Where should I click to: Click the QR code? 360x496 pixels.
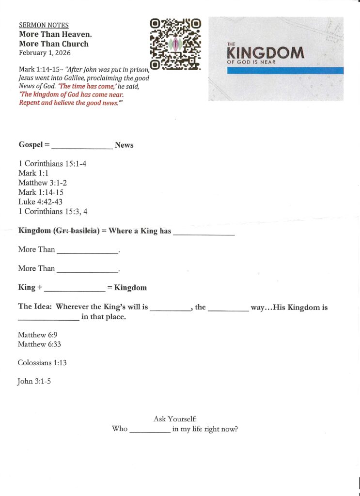click(x=175, y=44)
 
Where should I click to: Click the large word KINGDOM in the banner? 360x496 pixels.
click(x=266, y=53)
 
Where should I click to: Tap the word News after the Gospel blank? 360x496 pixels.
click(x=124, y=145)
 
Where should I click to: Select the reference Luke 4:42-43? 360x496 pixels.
click(x=40, y=201)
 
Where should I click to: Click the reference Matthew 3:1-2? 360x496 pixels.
click(x=42, y=183)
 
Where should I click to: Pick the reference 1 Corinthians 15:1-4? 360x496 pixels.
click(x=52, y=164)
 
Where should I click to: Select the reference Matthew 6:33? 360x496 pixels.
click(x=39, y=344)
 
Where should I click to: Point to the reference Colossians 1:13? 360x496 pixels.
click(x=42, y=362)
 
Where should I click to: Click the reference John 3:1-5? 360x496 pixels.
click(x=34, y=381)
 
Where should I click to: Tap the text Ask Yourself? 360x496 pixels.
click(x=175, y=418)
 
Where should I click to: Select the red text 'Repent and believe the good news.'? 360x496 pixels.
click(x=68, y=103)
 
